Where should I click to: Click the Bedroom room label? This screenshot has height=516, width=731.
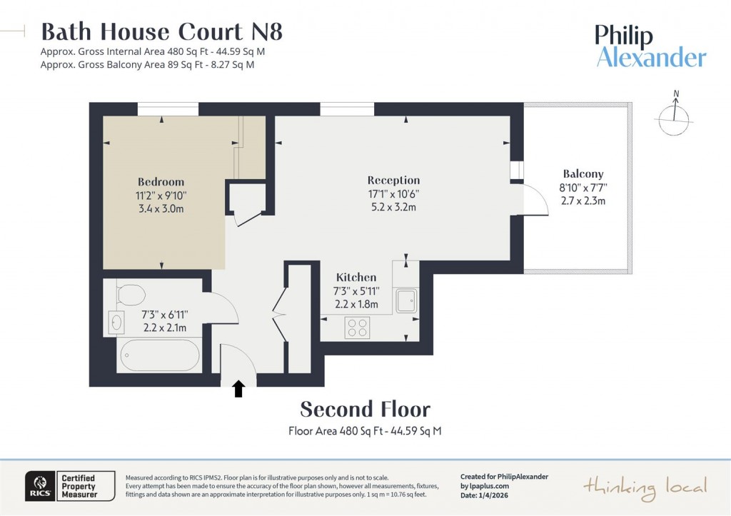pyautogui.click(x=161, y=182)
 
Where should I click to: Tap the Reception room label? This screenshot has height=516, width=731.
pyautogui.click(x=393, y=181)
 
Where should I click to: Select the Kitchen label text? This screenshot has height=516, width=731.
pyautogui.click(x=356, y=278)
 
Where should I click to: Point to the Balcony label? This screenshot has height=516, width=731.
pyautogui.click(x=583, y=173)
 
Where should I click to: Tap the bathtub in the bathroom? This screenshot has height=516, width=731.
pyautogui.click(x=160, y=355)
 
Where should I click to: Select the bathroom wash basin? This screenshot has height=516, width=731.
pyautogui.click(x=116, y=323)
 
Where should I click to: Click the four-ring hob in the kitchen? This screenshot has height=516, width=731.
pyautogui.click(x=358, y=327)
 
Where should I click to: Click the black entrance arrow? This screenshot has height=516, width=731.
pyautogui.click(x=238, y=388)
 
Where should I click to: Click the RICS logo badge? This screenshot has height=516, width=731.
pyautogui.click(x=37, y=486)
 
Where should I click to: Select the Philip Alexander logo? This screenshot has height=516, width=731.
pyautogui.click(x=650, y=46)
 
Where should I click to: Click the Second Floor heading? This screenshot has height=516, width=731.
pyautogui.click(x=365, y=410)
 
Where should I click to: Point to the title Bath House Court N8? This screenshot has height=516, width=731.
pyautogui.click(x=162, y=32)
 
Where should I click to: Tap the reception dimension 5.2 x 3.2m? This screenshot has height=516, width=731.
pyautogui.click(x=393, y=207)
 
